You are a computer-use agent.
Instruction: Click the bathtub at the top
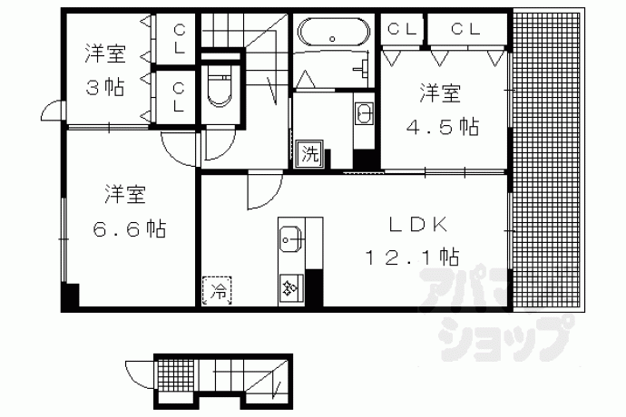pyautogui.click(x=334, y=32)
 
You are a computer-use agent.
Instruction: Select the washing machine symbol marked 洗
pyautogui.click(x=309, y=153)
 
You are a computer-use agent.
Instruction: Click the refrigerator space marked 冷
pyautogui.click(x=217, y=291)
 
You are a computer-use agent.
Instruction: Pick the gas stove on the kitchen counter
pyautogui.click(x=291, y=286)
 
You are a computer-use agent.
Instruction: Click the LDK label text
pyautogui.click(x=417, y=226)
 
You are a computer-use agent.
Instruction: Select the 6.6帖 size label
pyautogui.click(x=129, y=229)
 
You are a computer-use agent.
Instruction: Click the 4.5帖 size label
pyautogui.click(x=443, y=127)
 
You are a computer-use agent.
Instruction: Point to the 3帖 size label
pyautogui.click(x=105, y=87)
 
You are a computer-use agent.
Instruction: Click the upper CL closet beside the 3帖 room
pyautogui.click(x=176, y=39)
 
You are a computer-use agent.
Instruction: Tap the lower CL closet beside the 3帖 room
pyautogui.click(x=176, y=97)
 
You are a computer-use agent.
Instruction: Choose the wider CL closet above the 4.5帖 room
pyautogui.click(x=467, y=29)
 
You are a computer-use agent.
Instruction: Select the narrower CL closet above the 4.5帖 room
pyautogui.click(x=402, y=29)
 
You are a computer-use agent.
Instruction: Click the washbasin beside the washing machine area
pyautogui.click(x=364, y=113)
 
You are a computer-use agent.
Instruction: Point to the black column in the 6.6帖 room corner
pyautogui.click(x=71, y=295)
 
